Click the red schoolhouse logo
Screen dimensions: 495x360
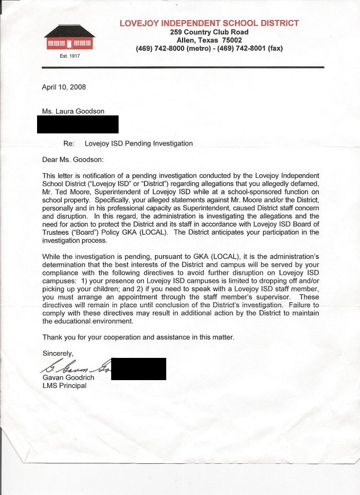point(69,38)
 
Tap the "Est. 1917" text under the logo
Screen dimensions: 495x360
point(69,56)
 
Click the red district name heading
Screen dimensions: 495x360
point(209,23)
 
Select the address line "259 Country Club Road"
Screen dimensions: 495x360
point(209,32)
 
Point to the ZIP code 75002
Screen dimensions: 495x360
point(231,40)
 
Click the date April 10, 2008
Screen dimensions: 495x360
point(64,87)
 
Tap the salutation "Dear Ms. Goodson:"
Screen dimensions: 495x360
point(74,159)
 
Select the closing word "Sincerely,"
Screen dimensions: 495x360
point(58,353)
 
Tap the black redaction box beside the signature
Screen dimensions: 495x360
point(139,368)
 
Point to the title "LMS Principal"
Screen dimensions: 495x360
point(64,385)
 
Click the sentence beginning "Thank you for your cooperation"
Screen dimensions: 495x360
point(138,337)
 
